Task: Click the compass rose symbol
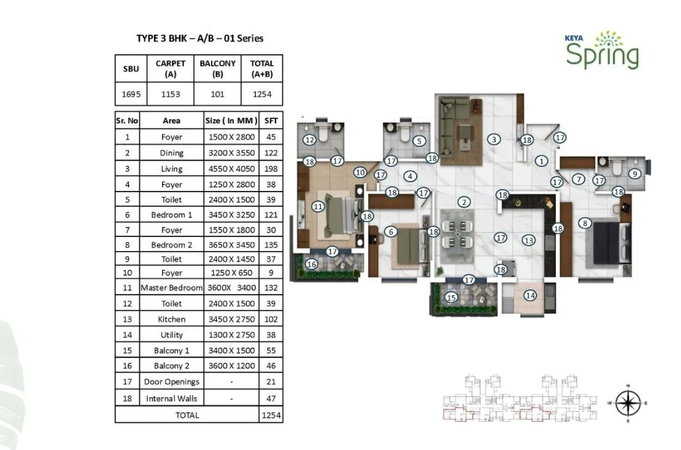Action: [627, 403]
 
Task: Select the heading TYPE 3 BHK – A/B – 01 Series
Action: [199, 38]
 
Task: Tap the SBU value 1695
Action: [131, 95]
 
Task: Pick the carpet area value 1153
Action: [171, 95]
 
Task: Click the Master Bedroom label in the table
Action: [171, 288]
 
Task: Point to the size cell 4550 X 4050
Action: [231, 169]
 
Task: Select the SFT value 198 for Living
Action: [271, 169]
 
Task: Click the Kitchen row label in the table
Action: [171, 319]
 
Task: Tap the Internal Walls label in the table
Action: [171, 398]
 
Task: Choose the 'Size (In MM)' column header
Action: [231, 121]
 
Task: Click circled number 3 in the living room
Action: [494, 139]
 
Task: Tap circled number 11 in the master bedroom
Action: [318, 207]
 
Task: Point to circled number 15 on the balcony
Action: [452, 298]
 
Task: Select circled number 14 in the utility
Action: [530, 295]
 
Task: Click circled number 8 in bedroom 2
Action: [586, 223]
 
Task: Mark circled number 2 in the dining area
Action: [464, 202]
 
